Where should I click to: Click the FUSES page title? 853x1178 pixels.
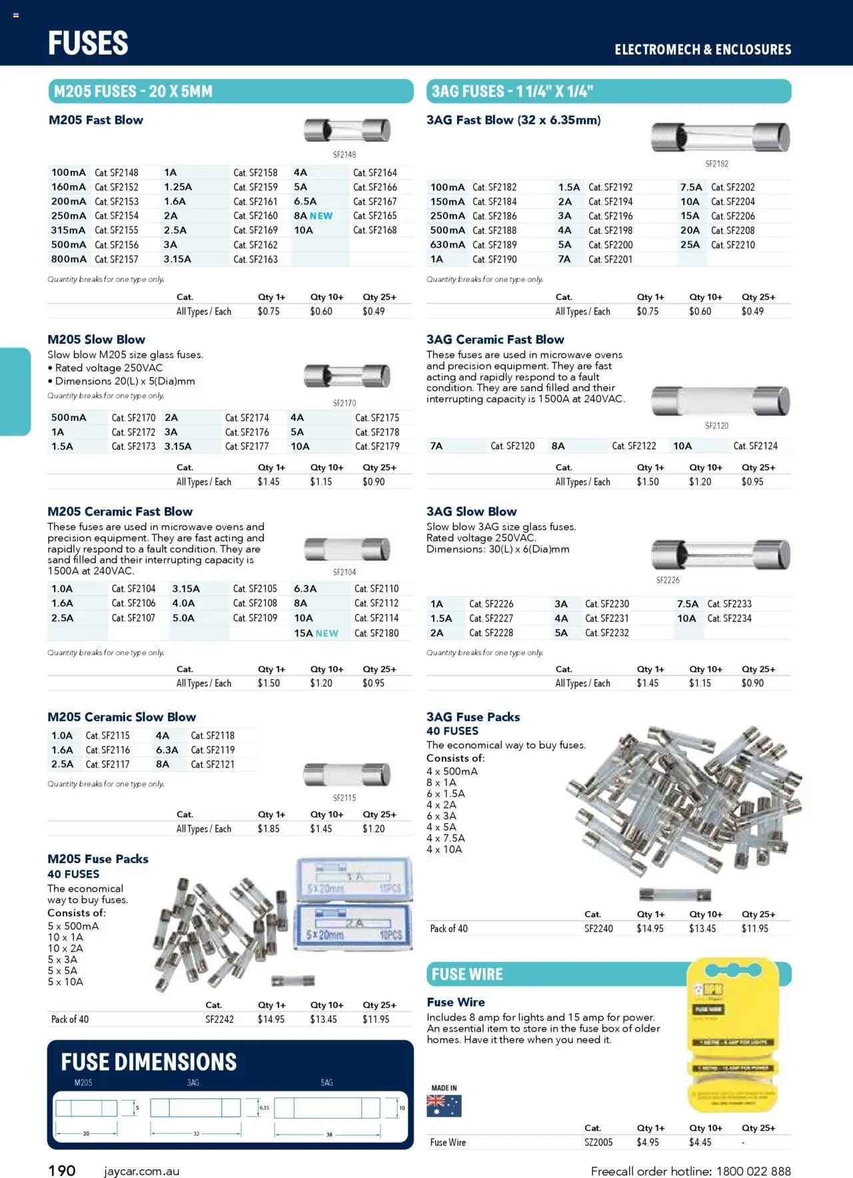coord(88,43)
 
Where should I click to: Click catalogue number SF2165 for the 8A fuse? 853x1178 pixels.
coord(375,216)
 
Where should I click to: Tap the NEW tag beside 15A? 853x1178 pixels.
coord(327,633)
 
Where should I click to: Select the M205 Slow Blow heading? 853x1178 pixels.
coord(96,340)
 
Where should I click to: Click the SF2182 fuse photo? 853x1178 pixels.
coord(720,137)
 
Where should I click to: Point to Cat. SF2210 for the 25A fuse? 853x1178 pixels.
coord(732,245)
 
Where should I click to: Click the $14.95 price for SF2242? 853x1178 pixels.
coord(271,1020)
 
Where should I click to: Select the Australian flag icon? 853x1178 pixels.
coord(444,1106)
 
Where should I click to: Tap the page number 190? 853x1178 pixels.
coord(62,1171)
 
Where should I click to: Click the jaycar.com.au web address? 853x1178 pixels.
coord(141,1171)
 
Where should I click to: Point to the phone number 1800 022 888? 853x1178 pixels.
coord(754,1171)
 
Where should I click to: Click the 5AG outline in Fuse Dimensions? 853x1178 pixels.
coord(327,1109)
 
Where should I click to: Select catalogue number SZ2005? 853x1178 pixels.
coord(598,1143)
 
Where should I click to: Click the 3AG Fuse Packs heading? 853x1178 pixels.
coord(473,717)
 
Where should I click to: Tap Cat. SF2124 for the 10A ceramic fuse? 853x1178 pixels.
coord(755,446)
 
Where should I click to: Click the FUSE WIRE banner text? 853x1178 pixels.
coord(467,975)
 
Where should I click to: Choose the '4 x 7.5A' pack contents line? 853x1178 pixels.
coord(445,838)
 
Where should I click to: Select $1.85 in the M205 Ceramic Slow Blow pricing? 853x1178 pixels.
coord(269,829)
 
